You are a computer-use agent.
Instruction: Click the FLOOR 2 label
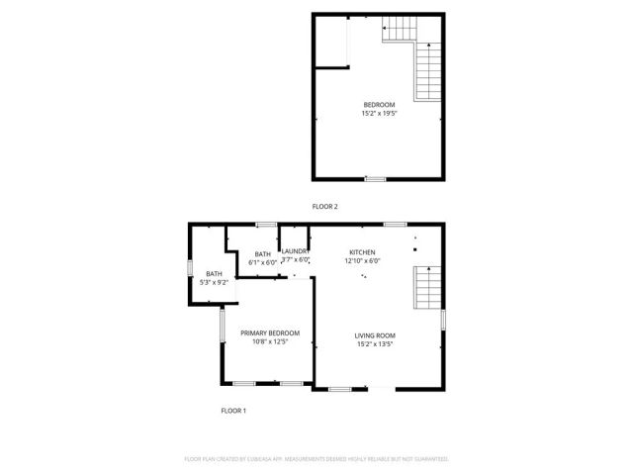(325, 207)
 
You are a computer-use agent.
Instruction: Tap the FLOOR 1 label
(232, 410)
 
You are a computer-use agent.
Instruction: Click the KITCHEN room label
(362, 252)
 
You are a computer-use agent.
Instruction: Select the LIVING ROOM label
(375, 336)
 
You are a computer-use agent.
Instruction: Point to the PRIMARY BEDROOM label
(270, 333)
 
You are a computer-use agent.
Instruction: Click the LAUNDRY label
(296, 251)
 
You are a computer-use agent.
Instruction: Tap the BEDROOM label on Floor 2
(379, 106)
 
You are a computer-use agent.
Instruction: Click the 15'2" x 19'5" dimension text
(379, 114)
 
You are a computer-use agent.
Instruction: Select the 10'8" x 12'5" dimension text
(270, 342)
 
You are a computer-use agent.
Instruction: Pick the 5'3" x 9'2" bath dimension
(215, 283)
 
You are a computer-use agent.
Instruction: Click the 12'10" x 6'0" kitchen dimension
(362, 261)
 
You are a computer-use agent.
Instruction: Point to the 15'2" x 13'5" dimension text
(375, 345)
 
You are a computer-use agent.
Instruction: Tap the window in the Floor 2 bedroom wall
(375, 179)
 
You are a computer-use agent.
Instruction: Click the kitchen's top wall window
(395, 225)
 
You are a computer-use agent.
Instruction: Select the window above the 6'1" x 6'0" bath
(265, 226)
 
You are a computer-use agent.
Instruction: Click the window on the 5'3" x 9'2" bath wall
(191, 268)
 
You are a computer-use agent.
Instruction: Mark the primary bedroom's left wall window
(221, 326)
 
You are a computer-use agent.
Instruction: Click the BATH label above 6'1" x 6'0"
(263, 254)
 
